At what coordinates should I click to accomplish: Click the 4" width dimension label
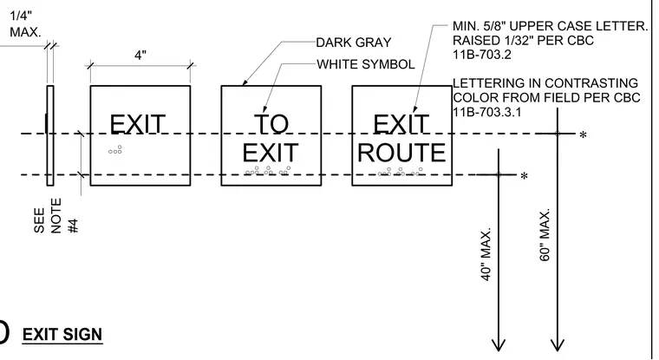pos(140,56)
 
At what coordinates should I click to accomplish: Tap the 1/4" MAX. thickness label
pos(25,24)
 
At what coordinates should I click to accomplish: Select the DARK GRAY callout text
pos(354,43)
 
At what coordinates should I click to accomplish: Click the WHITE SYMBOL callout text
pos(366,64)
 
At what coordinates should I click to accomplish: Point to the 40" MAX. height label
pos(486,254)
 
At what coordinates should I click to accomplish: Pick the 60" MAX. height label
pos(545,235)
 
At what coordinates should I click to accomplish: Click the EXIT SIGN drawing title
pos(62,334)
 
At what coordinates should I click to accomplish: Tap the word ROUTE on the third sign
pos(401,153)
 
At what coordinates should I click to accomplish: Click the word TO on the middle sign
pos(271,124)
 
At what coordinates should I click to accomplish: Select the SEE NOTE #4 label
pos(55,216)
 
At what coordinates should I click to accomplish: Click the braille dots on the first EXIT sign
pos(115,150)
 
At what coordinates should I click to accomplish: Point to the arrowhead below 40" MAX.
pos(499,345)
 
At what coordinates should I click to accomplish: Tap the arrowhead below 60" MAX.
pos(558,345)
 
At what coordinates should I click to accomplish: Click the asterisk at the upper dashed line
pos(583,135)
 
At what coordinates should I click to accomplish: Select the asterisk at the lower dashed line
pos(524,176)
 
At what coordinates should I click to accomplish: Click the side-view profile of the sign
pos(50,135)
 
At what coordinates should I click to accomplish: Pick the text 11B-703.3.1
pos(486,112)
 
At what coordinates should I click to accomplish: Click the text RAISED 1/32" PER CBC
pos(523,41)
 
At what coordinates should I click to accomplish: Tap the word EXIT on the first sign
pos(137,125)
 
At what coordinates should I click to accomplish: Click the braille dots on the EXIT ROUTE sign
pos(401,172)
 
